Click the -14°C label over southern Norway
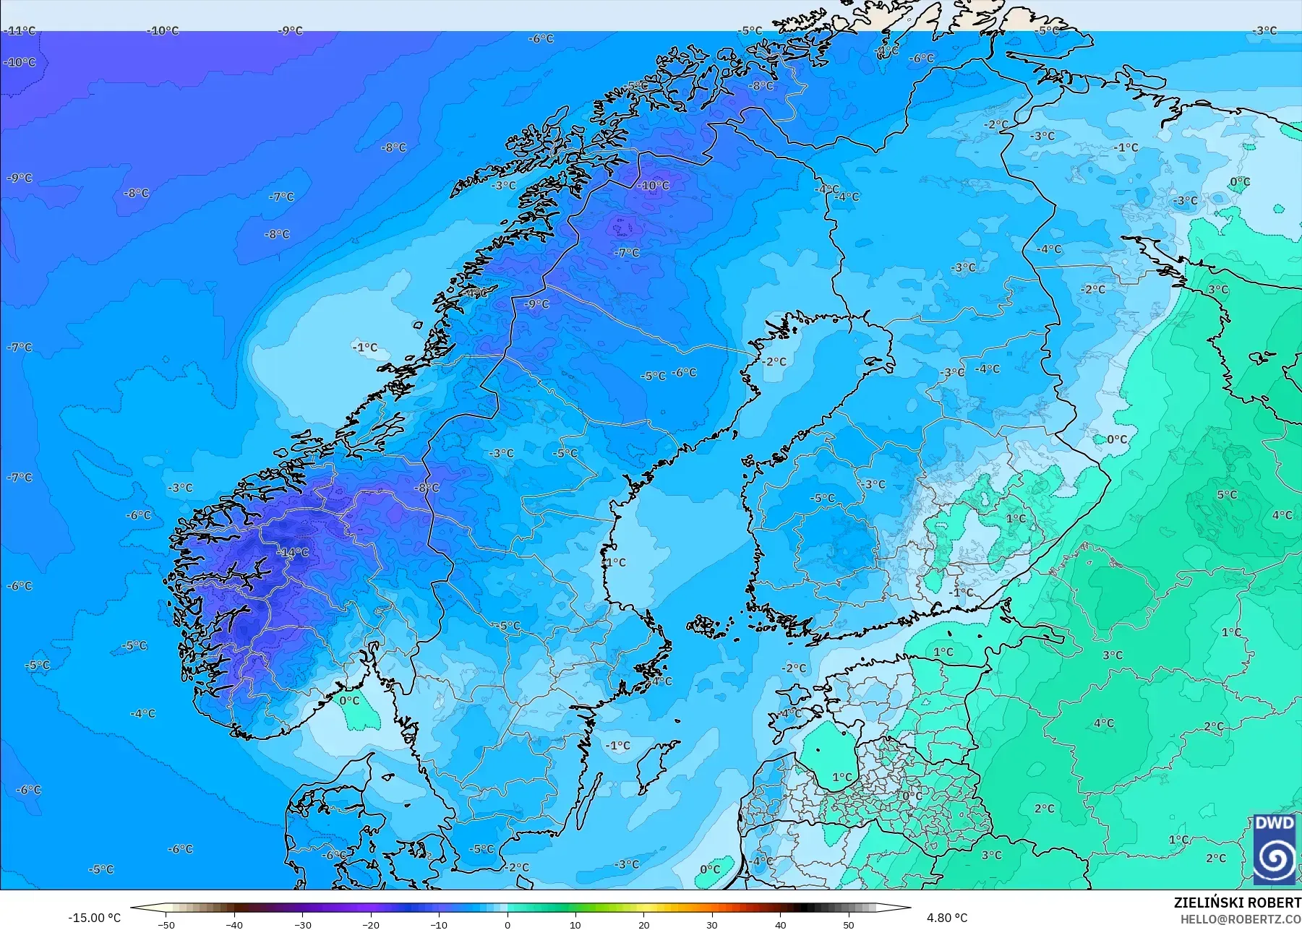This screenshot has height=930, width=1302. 293,553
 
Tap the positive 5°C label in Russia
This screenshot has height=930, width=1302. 1227,495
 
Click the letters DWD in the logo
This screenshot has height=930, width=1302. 1275,823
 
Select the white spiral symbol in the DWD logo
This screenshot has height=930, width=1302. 1275,858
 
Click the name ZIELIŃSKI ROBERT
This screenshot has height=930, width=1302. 1237,903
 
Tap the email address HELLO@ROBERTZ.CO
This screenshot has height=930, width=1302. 1241,919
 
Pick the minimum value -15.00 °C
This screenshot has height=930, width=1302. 94,918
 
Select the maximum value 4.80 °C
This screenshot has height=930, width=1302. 947,918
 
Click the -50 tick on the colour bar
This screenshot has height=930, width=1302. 166,925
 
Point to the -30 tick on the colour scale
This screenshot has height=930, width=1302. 303,925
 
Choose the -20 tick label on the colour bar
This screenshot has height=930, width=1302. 371,925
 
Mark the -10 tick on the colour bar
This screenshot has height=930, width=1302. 439,925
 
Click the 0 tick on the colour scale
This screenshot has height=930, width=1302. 507,925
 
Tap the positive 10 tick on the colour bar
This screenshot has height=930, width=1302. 575,925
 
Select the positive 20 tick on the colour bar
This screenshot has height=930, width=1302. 643,925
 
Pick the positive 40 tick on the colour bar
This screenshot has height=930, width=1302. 780,925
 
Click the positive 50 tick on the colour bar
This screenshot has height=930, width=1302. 848,925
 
